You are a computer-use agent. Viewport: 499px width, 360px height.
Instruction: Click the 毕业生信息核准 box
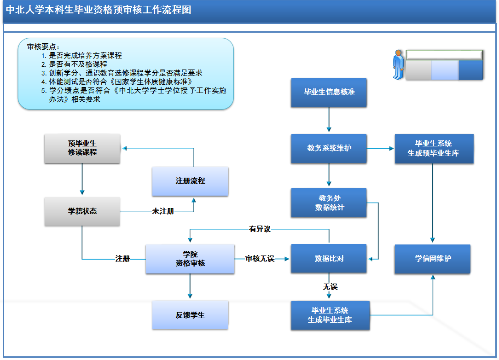tap(329, 92)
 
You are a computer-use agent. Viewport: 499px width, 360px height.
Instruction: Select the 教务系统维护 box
tap(329, 148)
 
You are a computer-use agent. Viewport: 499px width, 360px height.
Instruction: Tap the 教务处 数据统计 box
tap(329, 203)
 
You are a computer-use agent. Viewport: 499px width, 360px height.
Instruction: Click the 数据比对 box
tap(329, 259)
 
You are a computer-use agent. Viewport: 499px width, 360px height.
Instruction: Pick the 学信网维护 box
tap(432, 259)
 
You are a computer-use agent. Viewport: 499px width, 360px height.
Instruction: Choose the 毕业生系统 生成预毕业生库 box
tap(434, 148)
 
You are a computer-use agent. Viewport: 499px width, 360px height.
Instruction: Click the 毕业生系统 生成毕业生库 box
tap(330, 315)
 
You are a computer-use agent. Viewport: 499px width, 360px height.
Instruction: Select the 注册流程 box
tap(190, 181)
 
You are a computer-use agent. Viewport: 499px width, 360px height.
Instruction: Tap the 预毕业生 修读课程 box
tap(82, 148)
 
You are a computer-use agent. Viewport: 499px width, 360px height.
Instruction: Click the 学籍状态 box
tap(82, 211)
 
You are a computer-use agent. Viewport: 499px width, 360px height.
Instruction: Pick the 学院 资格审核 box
tap(190, 259)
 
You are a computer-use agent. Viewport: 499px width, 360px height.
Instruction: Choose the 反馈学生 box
tap(190, 315)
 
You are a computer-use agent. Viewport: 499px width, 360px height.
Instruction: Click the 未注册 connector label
tap(163, 211)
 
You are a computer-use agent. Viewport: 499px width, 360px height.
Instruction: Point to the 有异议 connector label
tap(260, 229)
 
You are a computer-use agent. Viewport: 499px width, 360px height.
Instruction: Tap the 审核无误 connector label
tap(260, 259)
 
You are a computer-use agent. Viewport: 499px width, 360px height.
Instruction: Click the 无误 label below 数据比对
tap(330, 287)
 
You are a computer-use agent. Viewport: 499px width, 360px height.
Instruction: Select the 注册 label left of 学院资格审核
tap(122, 259)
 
